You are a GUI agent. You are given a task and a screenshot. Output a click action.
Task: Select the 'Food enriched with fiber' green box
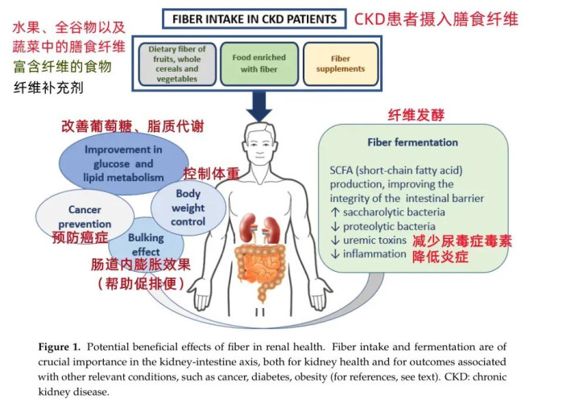click(x=254, y=63)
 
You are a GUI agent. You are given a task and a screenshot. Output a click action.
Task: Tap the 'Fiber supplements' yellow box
click(x=341, y=64)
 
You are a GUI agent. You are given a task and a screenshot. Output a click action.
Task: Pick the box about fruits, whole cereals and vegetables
click(x=177, y=64)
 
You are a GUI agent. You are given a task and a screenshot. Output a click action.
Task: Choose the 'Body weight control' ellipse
click(x=188, y=207)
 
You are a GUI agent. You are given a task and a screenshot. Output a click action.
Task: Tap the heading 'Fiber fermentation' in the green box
click(x=412, y=142)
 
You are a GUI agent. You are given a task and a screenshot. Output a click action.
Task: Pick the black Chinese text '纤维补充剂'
click(x=49, y=86)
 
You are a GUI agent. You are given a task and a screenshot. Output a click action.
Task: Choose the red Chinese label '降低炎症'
click(x=440, y=257)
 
